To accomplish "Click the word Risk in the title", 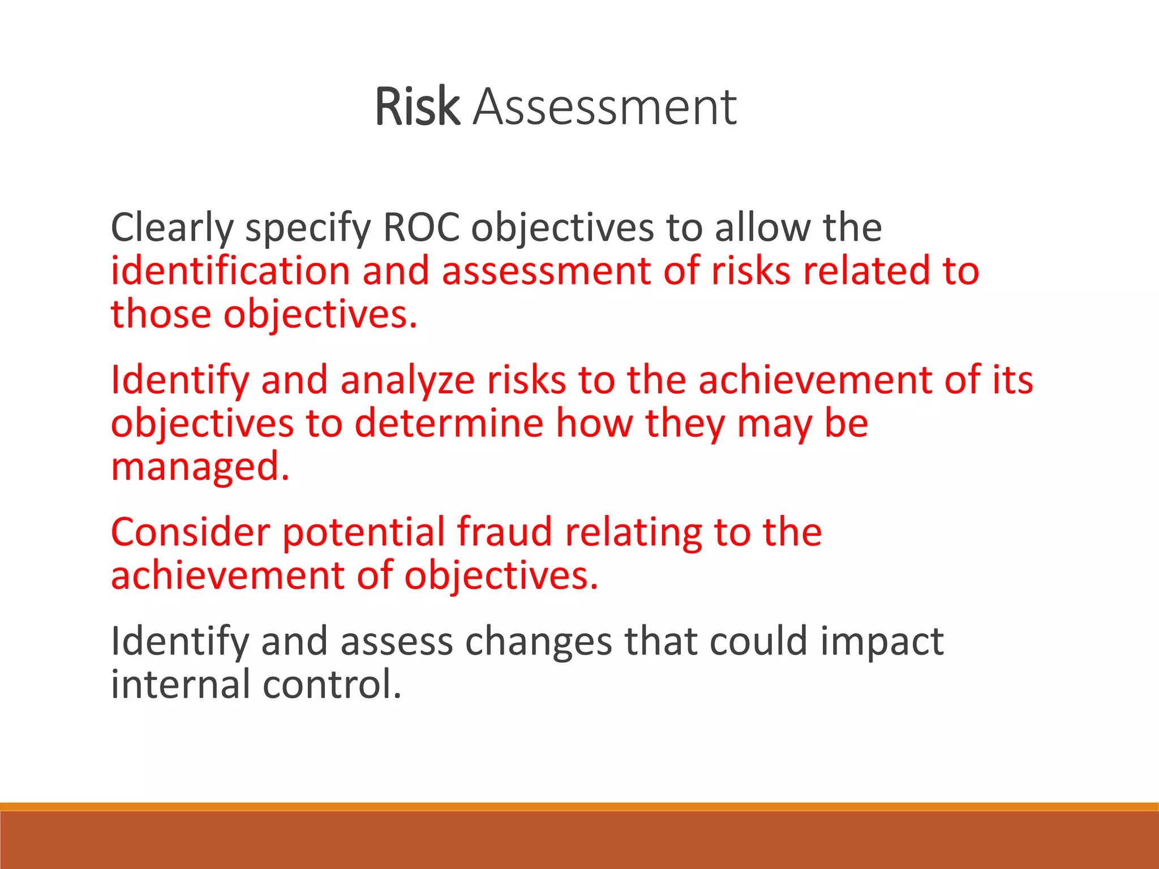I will [417, 106].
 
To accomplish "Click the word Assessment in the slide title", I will [604, 106].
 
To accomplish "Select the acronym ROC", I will [421, 227].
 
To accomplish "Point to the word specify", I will [307, 229].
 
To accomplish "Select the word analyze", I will [407, 380].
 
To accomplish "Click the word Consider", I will [191, 532].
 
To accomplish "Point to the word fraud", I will [504, 532].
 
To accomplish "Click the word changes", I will [538, 642].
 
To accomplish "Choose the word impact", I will [882, 643].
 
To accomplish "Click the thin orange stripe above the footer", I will [579, 806].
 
